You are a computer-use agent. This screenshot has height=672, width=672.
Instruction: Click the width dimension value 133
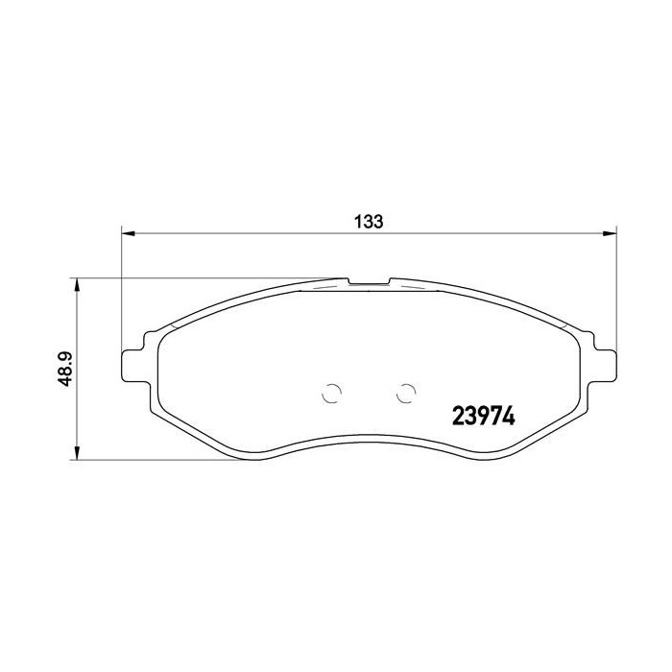(x=368, y=221)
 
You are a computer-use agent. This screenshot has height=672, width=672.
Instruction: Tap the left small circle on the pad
(x=330, y=394)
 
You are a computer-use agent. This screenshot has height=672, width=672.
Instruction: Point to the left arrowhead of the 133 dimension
(x=129, y=232)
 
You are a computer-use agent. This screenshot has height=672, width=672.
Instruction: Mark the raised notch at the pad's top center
(x=369, y=282)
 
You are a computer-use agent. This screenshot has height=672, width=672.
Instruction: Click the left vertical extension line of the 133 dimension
(x=121, y=288)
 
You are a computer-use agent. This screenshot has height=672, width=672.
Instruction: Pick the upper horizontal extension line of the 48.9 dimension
(x=192, y=278)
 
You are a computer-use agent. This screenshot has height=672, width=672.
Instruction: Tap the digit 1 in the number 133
(x=356, y=221)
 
